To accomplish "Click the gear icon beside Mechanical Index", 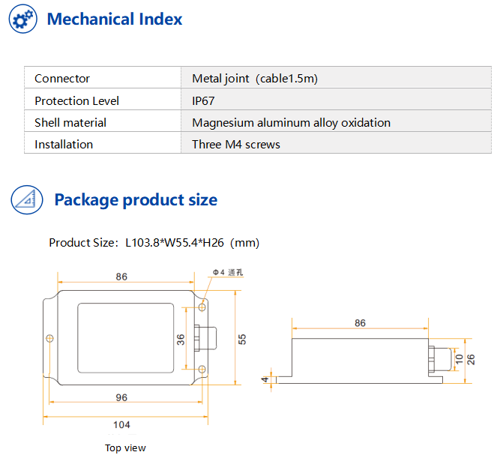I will [x=23, y=19].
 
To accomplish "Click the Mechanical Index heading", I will [x=114, y=19].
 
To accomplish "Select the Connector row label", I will [x=62, y=79].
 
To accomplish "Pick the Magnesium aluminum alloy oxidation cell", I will [x=291, y=123].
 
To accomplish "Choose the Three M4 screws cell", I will [x=235, y=145].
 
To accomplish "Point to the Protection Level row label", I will [x=76, y=100].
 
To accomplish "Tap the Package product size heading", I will [x=136, y=200].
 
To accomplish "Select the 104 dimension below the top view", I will [x=121, y=425].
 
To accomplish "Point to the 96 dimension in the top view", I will [x=121, y=397].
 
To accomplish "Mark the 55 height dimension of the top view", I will [x=242, y=339].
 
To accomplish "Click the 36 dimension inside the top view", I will [x=180, y=339].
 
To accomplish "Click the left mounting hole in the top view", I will [x=50, y=339].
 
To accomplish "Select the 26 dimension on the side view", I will [x=471, y=359].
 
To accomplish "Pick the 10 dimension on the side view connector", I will [x=459, y=359].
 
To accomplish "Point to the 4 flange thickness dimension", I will [x=265, y=379].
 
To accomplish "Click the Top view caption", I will [x=125, y=448].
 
